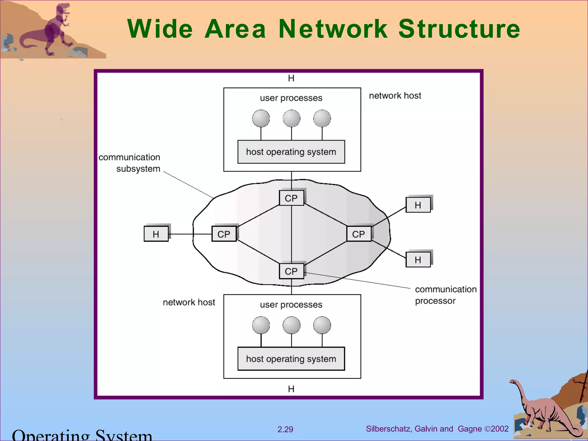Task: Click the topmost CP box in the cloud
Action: [291, 198]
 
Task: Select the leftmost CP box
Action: [224, 234]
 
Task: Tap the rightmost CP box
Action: [359, 234]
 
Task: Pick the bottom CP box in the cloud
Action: [291, 271]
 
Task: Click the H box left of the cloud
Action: [156, 234]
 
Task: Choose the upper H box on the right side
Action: [418, 205]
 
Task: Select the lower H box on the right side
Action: [418, 260]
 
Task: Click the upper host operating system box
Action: [291, 152]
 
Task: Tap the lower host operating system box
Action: [291, 359]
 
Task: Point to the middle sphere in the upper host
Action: [291, 118]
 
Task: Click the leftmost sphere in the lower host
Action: [261, 325]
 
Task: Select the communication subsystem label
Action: [130, 163]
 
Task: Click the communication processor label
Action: [445, 295]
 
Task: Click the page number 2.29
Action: [285, 430]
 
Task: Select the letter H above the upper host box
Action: [291, 78]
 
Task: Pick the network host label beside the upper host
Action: [395, 96]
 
